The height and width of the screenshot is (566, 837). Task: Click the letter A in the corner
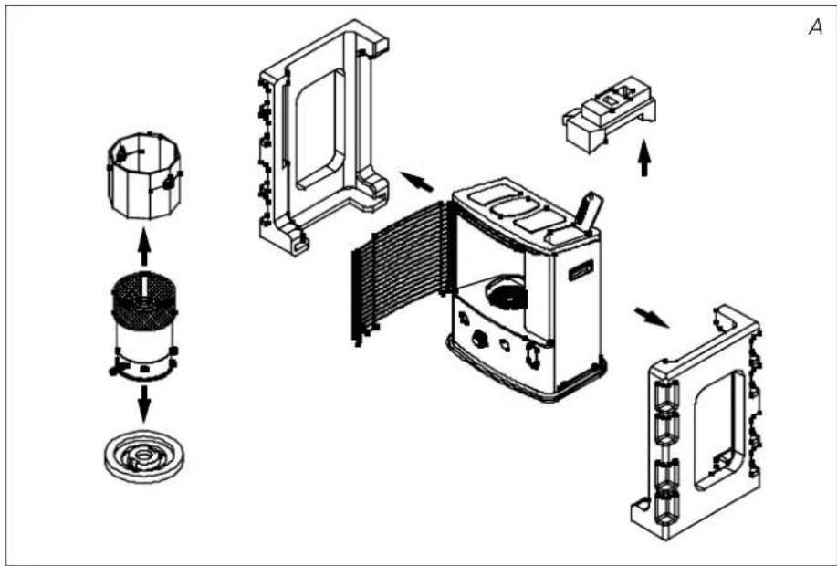[815, 26]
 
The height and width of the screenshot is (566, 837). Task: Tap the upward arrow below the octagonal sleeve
[143, 246]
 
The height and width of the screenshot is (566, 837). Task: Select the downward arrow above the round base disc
[143, 404]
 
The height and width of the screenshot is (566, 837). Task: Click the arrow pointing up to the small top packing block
[644, 158]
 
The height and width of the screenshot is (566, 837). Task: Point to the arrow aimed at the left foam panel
[416, 182]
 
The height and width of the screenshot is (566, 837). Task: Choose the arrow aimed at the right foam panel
[651, 318]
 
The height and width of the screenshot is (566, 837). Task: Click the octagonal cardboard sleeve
[144, 176]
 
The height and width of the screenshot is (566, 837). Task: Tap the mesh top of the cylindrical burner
[144, 301]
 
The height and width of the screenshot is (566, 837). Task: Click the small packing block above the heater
[609, 114]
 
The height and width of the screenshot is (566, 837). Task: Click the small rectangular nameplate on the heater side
[581, 271]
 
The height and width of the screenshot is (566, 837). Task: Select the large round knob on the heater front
[480, 338]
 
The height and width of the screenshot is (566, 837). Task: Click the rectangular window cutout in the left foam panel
[319, 130]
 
